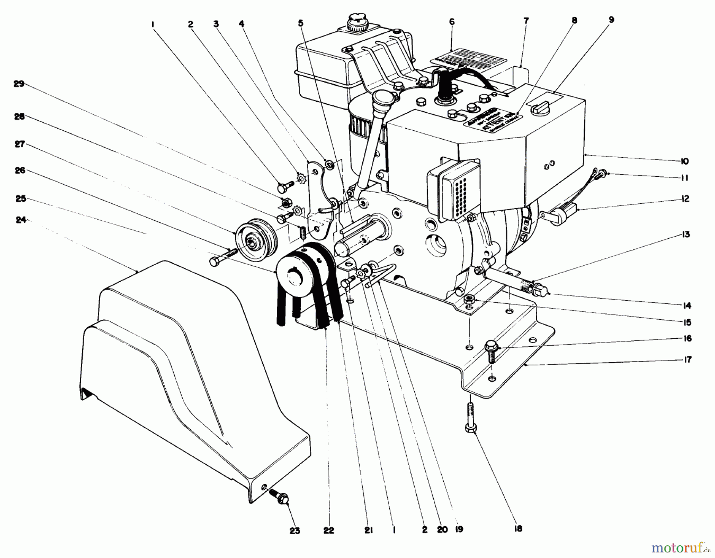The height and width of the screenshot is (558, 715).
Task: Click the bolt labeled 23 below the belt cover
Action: click(280, 497)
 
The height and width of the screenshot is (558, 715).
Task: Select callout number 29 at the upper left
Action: click(19, 84)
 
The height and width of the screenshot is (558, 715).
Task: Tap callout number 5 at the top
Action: click(300, 23)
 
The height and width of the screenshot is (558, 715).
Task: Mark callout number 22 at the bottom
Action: click(329, 530)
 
